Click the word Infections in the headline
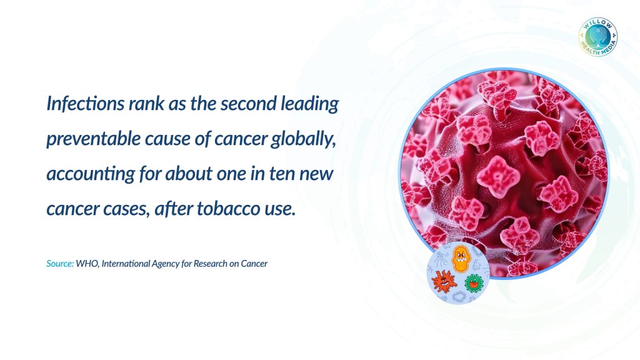[85, 103]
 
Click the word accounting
[91, 174]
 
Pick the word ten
[282, 174]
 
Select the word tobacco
[228, 209]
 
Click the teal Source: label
[60, 264]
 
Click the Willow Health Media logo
[598, 37]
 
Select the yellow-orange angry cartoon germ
[461, 258]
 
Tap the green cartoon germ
[474, 282]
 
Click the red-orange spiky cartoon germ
[444, 281]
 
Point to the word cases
[126, 209]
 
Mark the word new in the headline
[317, 174]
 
